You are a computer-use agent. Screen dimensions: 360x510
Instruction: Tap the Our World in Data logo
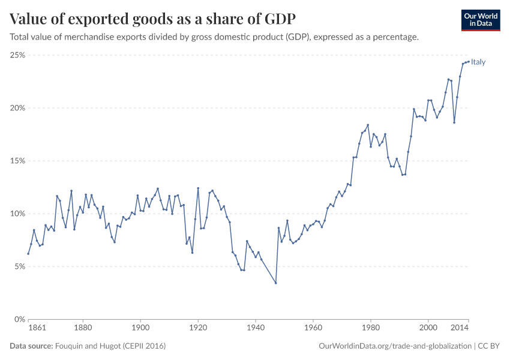480,20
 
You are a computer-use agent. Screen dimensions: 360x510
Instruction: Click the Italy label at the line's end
478,62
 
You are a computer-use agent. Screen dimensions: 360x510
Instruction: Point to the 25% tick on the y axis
17,55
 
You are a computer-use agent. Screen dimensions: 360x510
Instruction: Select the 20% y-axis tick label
17,108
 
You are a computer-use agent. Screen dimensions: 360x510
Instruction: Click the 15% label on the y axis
17,161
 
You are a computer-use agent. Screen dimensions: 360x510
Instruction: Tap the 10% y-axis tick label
17,214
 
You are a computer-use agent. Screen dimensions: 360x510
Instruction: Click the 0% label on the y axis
19,319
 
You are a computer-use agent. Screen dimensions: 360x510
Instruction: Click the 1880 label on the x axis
83,328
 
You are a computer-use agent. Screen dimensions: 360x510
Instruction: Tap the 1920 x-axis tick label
198,328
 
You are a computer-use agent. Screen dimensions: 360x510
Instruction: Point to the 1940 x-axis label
256,328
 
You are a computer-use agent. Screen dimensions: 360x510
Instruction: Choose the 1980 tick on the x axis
371,328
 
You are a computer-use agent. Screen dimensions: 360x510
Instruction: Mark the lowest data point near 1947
275,283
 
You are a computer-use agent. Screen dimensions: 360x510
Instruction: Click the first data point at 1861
28,253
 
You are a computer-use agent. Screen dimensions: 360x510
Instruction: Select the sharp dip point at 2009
454,122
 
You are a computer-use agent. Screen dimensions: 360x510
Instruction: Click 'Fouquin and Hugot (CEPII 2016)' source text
110,346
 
